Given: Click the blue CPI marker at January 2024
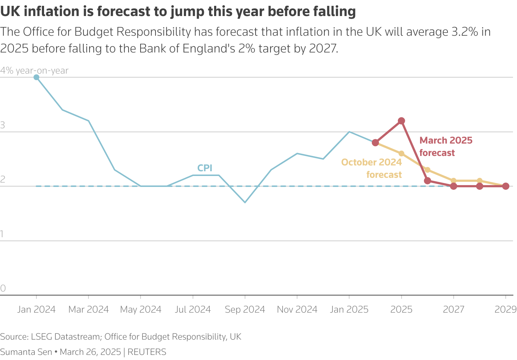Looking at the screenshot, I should point(36,77).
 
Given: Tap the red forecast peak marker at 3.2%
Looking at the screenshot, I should point(401,121).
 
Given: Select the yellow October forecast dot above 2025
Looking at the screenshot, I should point(401,153).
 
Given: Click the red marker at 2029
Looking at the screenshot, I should point(505,186).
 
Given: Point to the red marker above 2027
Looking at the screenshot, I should point(453,186).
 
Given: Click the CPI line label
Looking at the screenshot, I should point(205,168).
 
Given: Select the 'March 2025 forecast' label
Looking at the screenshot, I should point(446,146).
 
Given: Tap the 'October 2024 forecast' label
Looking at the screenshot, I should point(371,168).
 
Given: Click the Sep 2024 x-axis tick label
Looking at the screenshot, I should point(245,310).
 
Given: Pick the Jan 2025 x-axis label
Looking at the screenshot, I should point(349,310).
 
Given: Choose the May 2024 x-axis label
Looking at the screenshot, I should point(141,310).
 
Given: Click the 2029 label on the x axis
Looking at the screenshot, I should point(505,310).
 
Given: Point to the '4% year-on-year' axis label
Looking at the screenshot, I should point(34,71).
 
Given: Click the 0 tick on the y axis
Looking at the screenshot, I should point(3,288).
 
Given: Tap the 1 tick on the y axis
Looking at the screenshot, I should point(2,234).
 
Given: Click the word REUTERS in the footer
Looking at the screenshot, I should point(147,352).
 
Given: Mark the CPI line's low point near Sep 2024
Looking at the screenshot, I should point(245,202).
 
